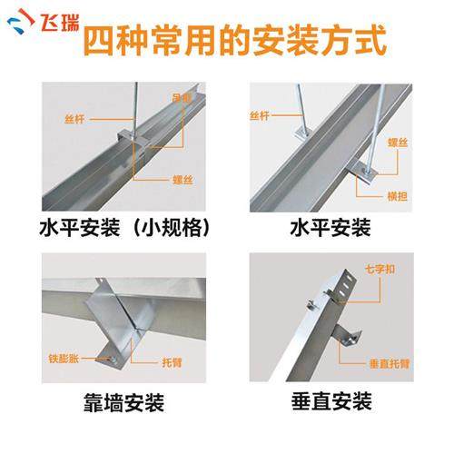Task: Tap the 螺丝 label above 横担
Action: click(x=397, y=143)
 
